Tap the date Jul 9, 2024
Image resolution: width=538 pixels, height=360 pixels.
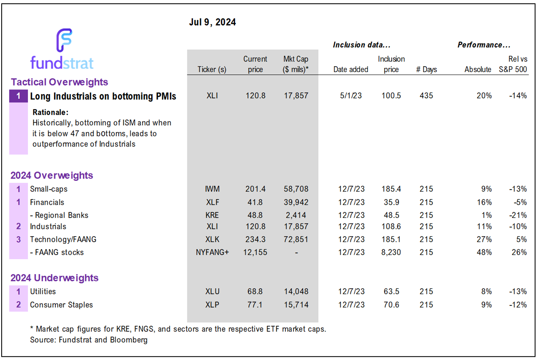[x=213, y=22]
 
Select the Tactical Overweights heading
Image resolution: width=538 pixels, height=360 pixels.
[x=59, y=82]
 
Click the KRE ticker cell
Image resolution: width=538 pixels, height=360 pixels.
[x=212, y=215]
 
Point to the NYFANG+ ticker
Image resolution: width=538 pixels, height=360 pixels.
[x=212, y=252]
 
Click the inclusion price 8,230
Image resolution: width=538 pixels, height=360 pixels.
[x=391, y=252]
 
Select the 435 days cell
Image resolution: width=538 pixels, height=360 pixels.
[x=426, y=95]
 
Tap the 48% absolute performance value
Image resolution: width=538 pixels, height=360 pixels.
[x=485, y=252]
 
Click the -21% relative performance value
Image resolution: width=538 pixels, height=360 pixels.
[x=519, y=215]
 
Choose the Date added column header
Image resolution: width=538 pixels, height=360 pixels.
[x=350, y=70]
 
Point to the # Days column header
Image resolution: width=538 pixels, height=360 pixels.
[x=426, y=70]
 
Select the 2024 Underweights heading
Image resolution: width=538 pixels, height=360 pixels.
[x=55, y=278]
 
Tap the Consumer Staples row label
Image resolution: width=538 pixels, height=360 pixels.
[x=61, y=305]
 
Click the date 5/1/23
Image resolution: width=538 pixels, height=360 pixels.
[x=350, y=95]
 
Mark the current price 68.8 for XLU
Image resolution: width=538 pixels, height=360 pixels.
[x=255, y=291]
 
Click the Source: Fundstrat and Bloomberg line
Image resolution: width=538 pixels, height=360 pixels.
[x=89, y=340]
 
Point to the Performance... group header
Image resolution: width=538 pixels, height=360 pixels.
[x=484, y=45]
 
